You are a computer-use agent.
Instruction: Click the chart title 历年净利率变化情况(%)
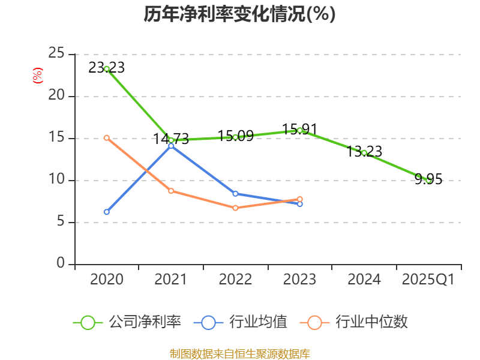click(x=239, y=14)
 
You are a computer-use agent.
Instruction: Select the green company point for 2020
click(x=107, y=69)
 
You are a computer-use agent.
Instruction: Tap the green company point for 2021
click(x=171, y=140)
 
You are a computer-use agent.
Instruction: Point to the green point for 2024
click(x=364, y=153)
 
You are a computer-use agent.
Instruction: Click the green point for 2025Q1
click(x=428, y=180)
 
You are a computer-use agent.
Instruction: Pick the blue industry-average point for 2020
click(x=107, y=212)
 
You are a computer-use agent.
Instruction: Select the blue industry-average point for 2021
click(x=171, y=146)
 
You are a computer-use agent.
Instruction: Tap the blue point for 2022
click(x=235, y=194)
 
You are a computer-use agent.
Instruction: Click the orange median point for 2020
click(x=107, y=137)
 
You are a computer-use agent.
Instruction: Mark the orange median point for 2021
click(x=171, y=191)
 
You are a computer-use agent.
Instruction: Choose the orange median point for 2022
click(x=235, y=208)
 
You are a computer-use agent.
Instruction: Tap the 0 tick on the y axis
click(x=61, y=264)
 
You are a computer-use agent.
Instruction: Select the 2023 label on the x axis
click(x=299, y=280)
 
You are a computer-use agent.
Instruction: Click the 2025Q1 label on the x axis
click(x=428, y=280)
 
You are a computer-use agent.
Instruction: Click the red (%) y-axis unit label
click(x=38, y=76)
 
